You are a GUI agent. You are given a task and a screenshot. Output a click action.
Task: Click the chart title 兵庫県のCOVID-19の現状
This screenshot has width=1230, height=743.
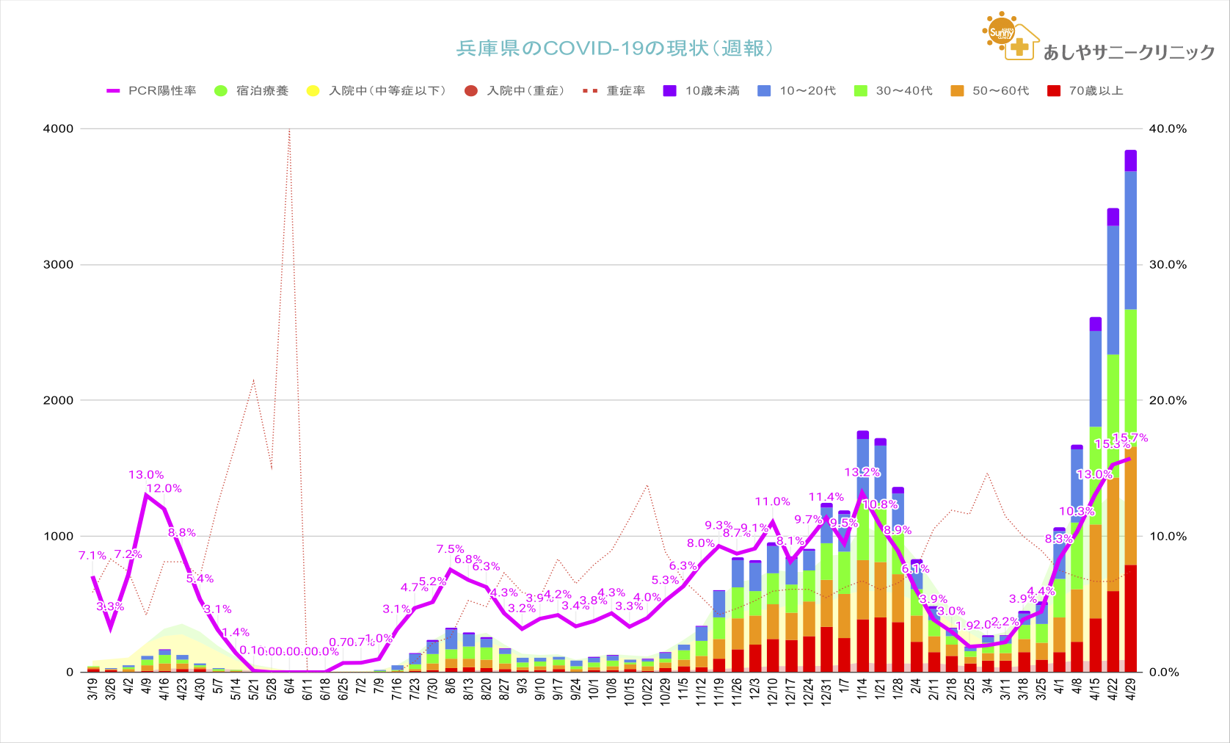(615, 48)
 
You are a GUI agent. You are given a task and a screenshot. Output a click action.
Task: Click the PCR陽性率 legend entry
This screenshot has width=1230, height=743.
(152, 91)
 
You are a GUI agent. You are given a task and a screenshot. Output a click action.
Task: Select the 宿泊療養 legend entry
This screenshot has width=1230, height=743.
(252, 91)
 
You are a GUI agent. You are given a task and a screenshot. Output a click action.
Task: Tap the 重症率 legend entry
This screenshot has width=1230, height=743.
(615, 91)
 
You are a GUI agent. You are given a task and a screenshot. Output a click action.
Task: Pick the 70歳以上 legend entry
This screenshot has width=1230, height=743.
(1085, 91)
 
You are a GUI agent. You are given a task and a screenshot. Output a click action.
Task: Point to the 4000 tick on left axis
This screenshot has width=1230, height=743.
(59, 128)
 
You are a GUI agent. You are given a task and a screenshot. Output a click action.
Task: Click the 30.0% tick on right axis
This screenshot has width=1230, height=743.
(1168, 264)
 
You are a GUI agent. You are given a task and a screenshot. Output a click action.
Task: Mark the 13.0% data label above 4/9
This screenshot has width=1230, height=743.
(146, 475)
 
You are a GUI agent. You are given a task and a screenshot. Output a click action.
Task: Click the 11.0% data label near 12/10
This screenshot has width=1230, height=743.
(772, 502)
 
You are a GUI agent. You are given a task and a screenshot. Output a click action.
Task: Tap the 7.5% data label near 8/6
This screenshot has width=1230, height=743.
(450, 549)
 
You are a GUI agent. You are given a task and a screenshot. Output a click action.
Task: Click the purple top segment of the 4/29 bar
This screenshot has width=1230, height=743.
(1131, 161)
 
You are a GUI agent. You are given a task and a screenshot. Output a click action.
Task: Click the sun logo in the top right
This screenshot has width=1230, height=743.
(1001, 32)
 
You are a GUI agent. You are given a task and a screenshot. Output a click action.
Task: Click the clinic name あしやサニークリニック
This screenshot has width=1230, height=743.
(1129, 52)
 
